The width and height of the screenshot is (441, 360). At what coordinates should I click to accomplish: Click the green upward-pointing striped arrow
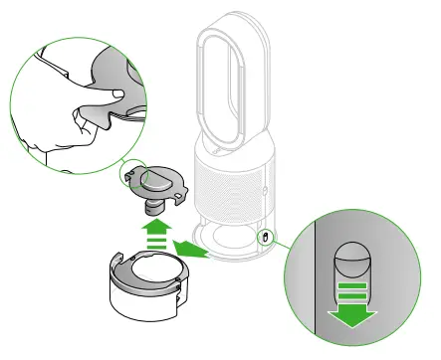[x=154, y=237]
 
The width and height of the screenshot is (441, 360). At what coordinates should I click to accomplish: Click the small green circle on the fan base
[x=265, y=237]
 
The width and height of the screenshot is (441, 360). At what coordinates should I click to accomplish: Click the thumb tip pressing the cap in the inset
[x=116, y=90]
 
